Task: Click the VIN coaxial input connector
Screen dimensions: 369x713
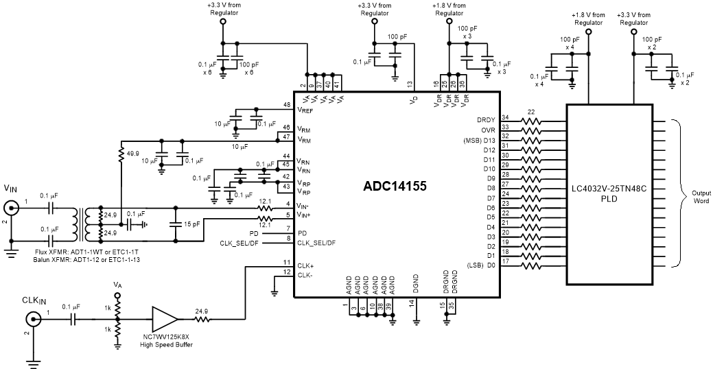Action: pos(12,208)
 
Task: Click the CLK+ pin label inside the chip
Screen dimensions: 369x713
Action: pos(305,265)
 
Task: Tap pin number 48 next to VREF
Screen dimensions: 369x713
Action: pos(287,105)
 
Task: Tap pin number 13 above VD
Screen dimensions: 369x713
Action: pos(410,84)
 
